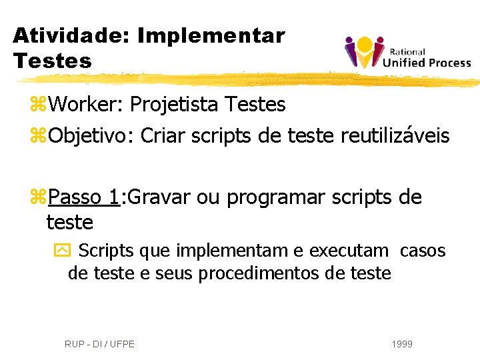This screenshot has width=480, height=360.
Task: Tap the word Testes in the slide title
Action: click(52, 61)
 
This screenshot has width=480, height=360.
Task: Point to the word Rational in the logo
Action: click(408, 51)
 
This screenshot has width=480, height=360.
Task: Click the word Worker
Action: click(85, 105)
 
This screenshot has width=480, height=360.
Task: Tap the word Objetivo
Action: click(90, 136)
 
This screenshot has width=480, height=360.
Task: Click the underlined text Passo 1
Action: click(83, 197)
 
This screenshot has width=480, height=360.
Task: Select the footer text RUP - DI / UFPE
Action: click(99, 344)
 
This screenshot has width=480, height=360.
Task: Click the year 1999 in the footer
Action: click(402, 344)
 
